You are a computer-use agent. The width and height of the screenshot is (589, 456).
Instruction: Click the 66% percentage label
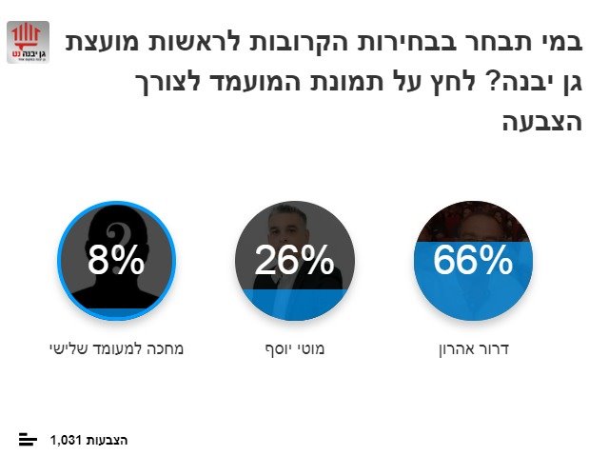point(473,260)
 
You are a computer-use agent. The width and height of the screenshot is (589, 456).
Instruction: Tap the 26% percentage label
point(294,260)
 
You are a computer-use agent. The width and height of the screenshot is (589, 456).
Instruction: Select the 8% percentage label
point(116,260)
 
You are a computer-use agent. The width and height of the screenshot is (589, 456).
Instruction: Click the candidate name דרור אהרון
point(473,348)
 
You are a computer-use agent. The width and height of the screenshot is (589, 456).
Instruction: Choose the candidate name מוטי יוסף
point(295,348)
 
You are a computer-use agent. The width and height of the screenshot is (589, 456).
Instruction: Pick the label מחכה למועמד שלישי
point(116,348)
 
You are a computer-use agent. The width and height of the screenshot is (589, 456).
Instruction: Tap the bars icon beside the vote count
point(29,439)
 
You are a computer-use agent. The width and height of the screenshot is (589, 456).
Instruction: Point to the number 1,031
point(67,440)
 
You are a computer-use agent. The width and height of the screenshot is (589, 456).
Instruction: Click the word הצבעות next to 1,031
point(107,440)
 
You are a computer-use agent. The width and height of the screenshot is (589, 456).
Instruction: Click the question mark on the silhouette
point(116,233)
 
